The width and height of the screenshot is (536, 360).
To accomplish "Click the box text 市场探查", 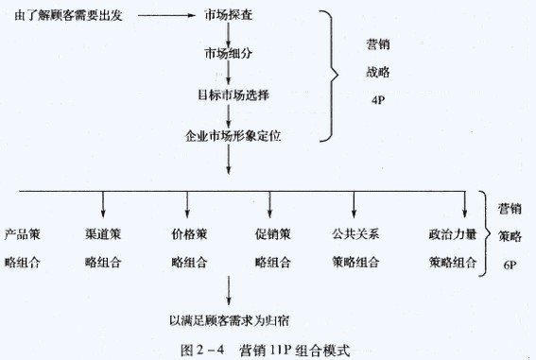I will [x=228, y=17].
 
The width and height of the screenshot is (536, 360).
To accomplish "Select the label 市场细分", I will [x=228, y=55].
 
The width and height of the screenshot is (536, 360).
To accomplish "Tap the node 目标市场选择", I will [x=228, y=94].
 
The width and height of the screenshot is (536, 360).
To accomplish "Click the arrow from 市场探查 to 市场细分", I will [x=228, y=35].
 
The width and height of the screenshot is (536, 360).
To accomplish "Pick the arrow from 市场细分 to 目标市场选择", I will [x=228, y=75].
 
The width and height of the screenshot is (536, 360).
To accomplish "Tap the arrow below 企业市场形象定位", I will [x=228, y=162].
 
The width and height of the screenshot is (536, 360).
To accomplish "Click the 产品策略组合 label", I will [x=22, y=246].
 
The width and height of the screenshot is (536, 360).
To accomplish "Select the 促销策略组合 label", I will [x=269, y=246].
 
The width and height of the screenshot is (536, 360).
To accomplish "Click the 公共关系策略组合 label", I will [x=354, y=246].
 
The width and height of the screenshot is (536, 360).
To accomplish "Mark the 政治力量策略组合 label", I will [x=451, y=246].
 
